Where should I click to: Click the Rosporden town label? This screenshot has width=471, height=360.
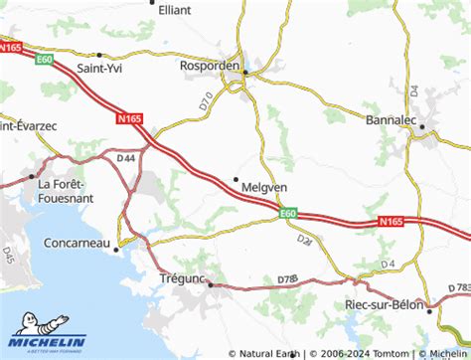click(211, 66)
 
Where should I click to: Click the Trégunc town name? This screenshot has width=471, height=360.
click(182, 280)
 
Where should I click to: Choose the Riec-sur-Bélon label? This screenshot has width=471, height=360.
click(384, 304)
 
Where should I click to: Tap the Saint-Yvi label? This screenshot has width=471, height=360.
click(101, 70)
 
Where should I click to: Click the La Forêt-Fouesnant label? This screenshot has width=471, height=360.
click(65, 191)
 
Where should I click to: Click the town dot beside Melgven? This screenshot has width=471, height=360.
click(235, 179)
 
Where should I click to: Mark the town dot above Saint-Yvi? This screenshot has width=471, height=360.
click(99, 55)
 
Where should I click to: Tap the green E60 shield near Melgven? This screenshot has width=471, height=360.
click(288, 212)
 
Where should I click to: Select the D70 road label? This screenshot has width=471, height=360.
click(206, 99)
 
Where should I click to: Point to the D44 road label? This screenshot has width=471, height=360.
click(125, 157)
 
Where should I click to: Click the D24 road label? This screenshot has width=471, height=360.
click(305, 240)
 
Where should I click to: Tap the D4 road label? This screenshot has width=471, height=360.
click(389, 264)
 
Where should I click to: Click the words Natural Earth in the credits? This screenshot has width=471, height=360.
click(270, 352)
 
